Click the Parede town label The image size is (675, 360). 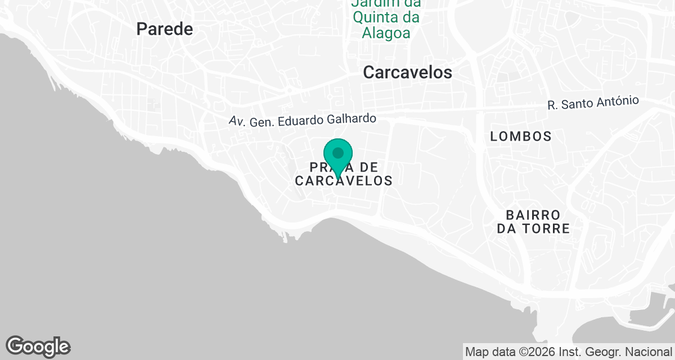pos(165,29)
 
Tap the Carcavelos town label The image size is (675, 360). pos(408,72)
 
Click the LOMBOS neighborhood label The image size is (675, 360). pos(520,136)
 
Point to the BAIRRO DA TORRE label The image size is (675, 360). pos(533,222)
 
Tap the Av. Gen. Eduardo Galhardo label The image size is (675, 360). pos(302,120)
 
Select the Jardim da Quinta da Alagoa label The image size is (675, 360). pos(386,18)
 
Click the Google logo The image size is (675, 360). pos(38,347)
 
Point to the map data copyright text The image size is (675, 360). pos(568,352)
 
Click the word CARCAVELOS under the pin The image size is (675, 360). pos(344,181)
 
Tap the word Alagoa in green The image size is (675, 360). pos(386,33)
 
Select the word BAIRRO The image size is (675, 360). pos(533,215)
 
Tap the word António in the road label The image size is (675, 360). pos(620,101)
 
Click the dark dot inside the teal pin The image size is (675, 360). pos(338,152)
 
